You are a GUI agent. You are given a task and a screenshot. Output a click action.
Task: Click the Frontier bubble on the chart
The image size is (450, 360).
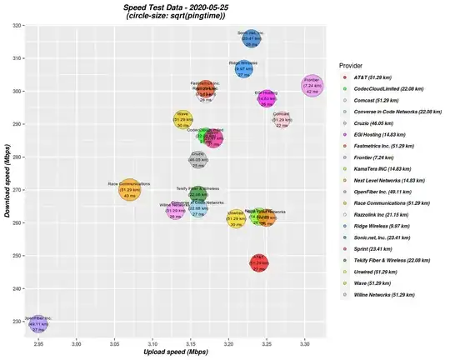[311, 85]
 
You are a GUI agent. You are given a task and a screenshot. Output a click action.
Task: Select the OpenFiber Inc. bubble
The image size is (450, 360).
[38, 322]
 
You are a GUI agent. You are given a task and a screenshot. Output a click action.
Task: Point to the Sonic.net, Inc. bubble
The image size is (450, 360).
[251, 38]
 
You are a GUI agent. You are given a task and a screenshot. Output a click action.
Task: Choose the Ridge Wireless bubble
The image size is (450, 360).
[243, 68]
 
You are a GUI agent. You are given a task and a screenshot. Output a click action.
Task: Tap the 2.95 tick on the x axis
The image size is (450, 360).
[38, 342]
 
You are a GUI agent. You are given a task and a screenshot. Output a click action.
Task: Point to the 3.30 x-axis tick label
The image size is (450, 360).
[304, 342]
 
